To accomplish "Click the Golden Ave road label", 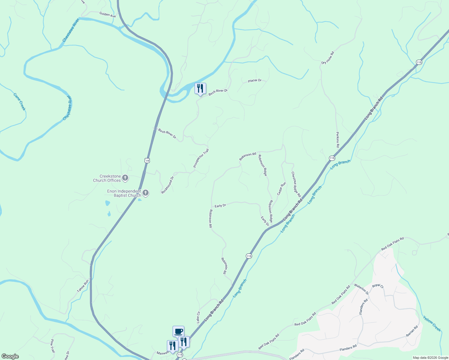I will (x=107, y=14).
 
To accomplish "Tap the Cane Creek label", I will (x=20, y=102).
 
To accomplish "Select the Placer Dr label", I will (x=255, y=81).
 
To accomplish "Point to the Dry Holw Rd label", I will (x=327, y=58).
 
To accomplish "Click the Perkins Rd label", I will (x=338, y=139).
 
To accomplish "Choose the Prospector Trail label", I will (x=201, y=158).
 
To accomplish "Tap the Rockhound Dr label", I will (x=167, y=185).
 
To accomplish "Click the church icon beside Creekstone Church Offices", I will (x=125, y=178).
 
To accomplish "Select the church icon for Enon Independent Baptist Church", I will (x=146, y=193).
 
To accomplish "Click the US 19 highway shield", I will (x=147, y=160).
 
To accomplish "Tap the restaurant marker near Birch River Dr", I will (x=200, y=89).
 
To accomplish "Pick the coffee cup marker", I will (x=178, y=331).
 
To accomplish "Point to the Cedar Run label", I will (x=282, y=189).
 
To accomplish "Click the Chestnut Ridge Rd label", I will (x=296, y=184).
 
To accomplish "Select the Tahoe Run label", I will (x=83, y=286).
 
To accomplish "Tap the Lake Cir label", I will (x=198, y=317).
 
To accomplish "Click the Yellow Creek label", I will (x=432, y=323).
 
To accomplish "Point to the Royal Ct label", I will (x=378, y=286).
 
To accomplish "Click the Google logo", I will (x=10, y=356).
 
